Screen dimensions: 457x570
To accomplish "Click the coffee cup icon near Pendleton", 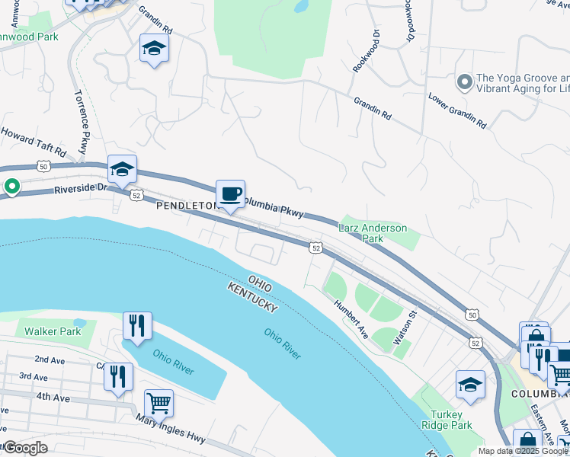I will click(x=230, y=193).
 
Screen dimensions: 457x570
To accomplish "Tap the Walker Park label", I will click(x=53, y=331).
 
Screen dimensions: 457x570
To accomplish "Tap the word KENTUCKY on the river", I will click(x=252, y=299).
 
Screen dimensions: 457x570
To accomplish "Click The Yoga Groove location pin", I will click(x=463, y=81).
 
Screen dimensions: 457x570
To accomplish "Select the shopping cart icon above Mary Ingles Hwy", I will click(x=159, y=401).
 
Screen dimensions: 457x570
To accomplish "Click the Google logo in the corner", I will click(x=24, y=448).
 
